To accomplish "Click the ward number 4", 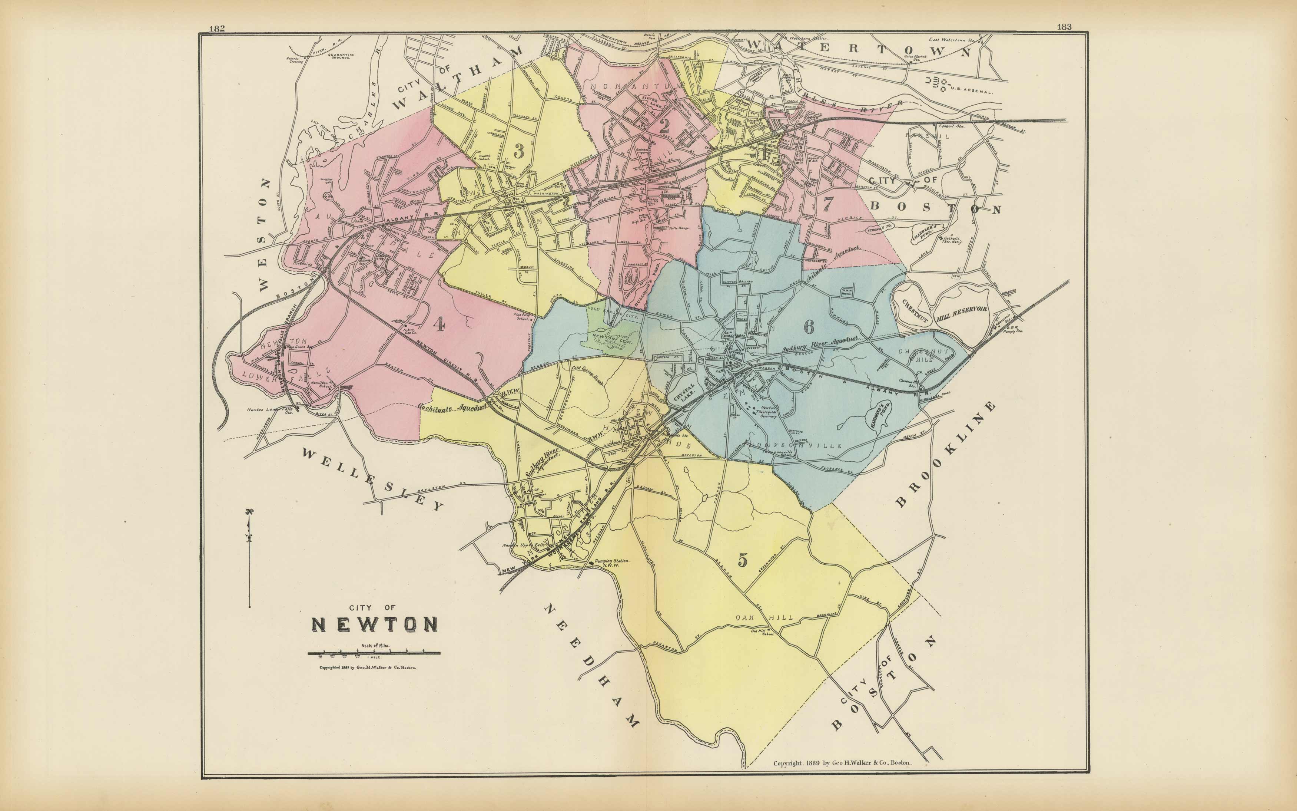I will (x=439, y=324).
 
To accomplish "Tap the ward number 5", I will (x=742, y=560).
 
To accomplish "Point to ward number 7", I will (x=828, y=204).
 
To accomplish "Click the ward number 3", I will (x=519, y=151).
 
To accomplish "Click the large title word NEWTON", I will (x=375, y=624).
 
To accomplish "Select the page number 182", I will (x=217, y=29).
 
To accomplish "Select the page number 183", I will (x=1064, y=27).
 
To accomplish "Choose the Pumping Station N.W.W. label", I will (x=611, y=563).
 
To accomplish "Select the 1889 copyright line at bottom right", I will (x=842, y=763).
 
